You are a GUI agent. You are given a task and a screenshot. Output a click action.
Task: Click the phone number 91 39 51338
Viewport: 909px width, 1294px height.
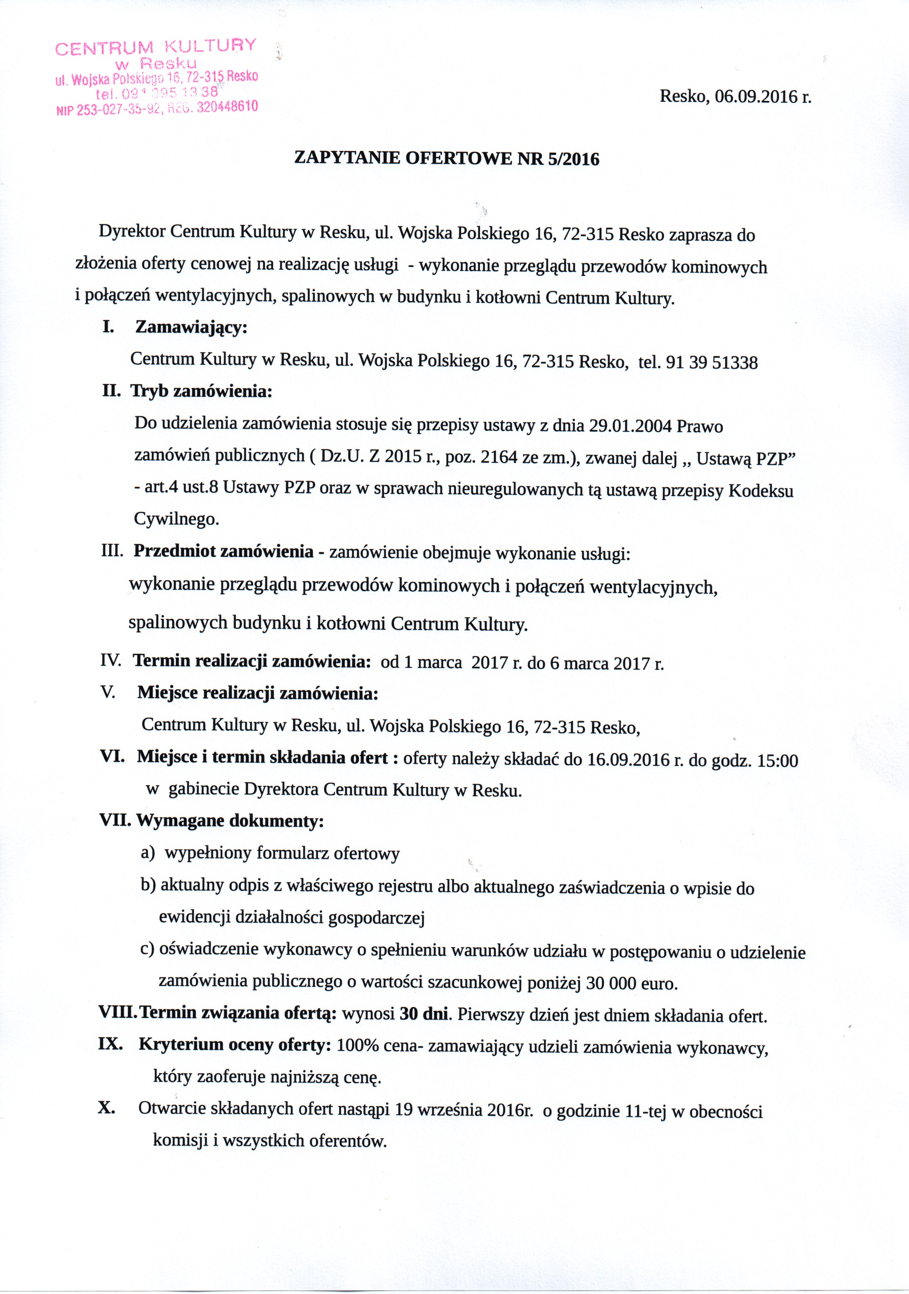pyautogui.click(x=711, y=362)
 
